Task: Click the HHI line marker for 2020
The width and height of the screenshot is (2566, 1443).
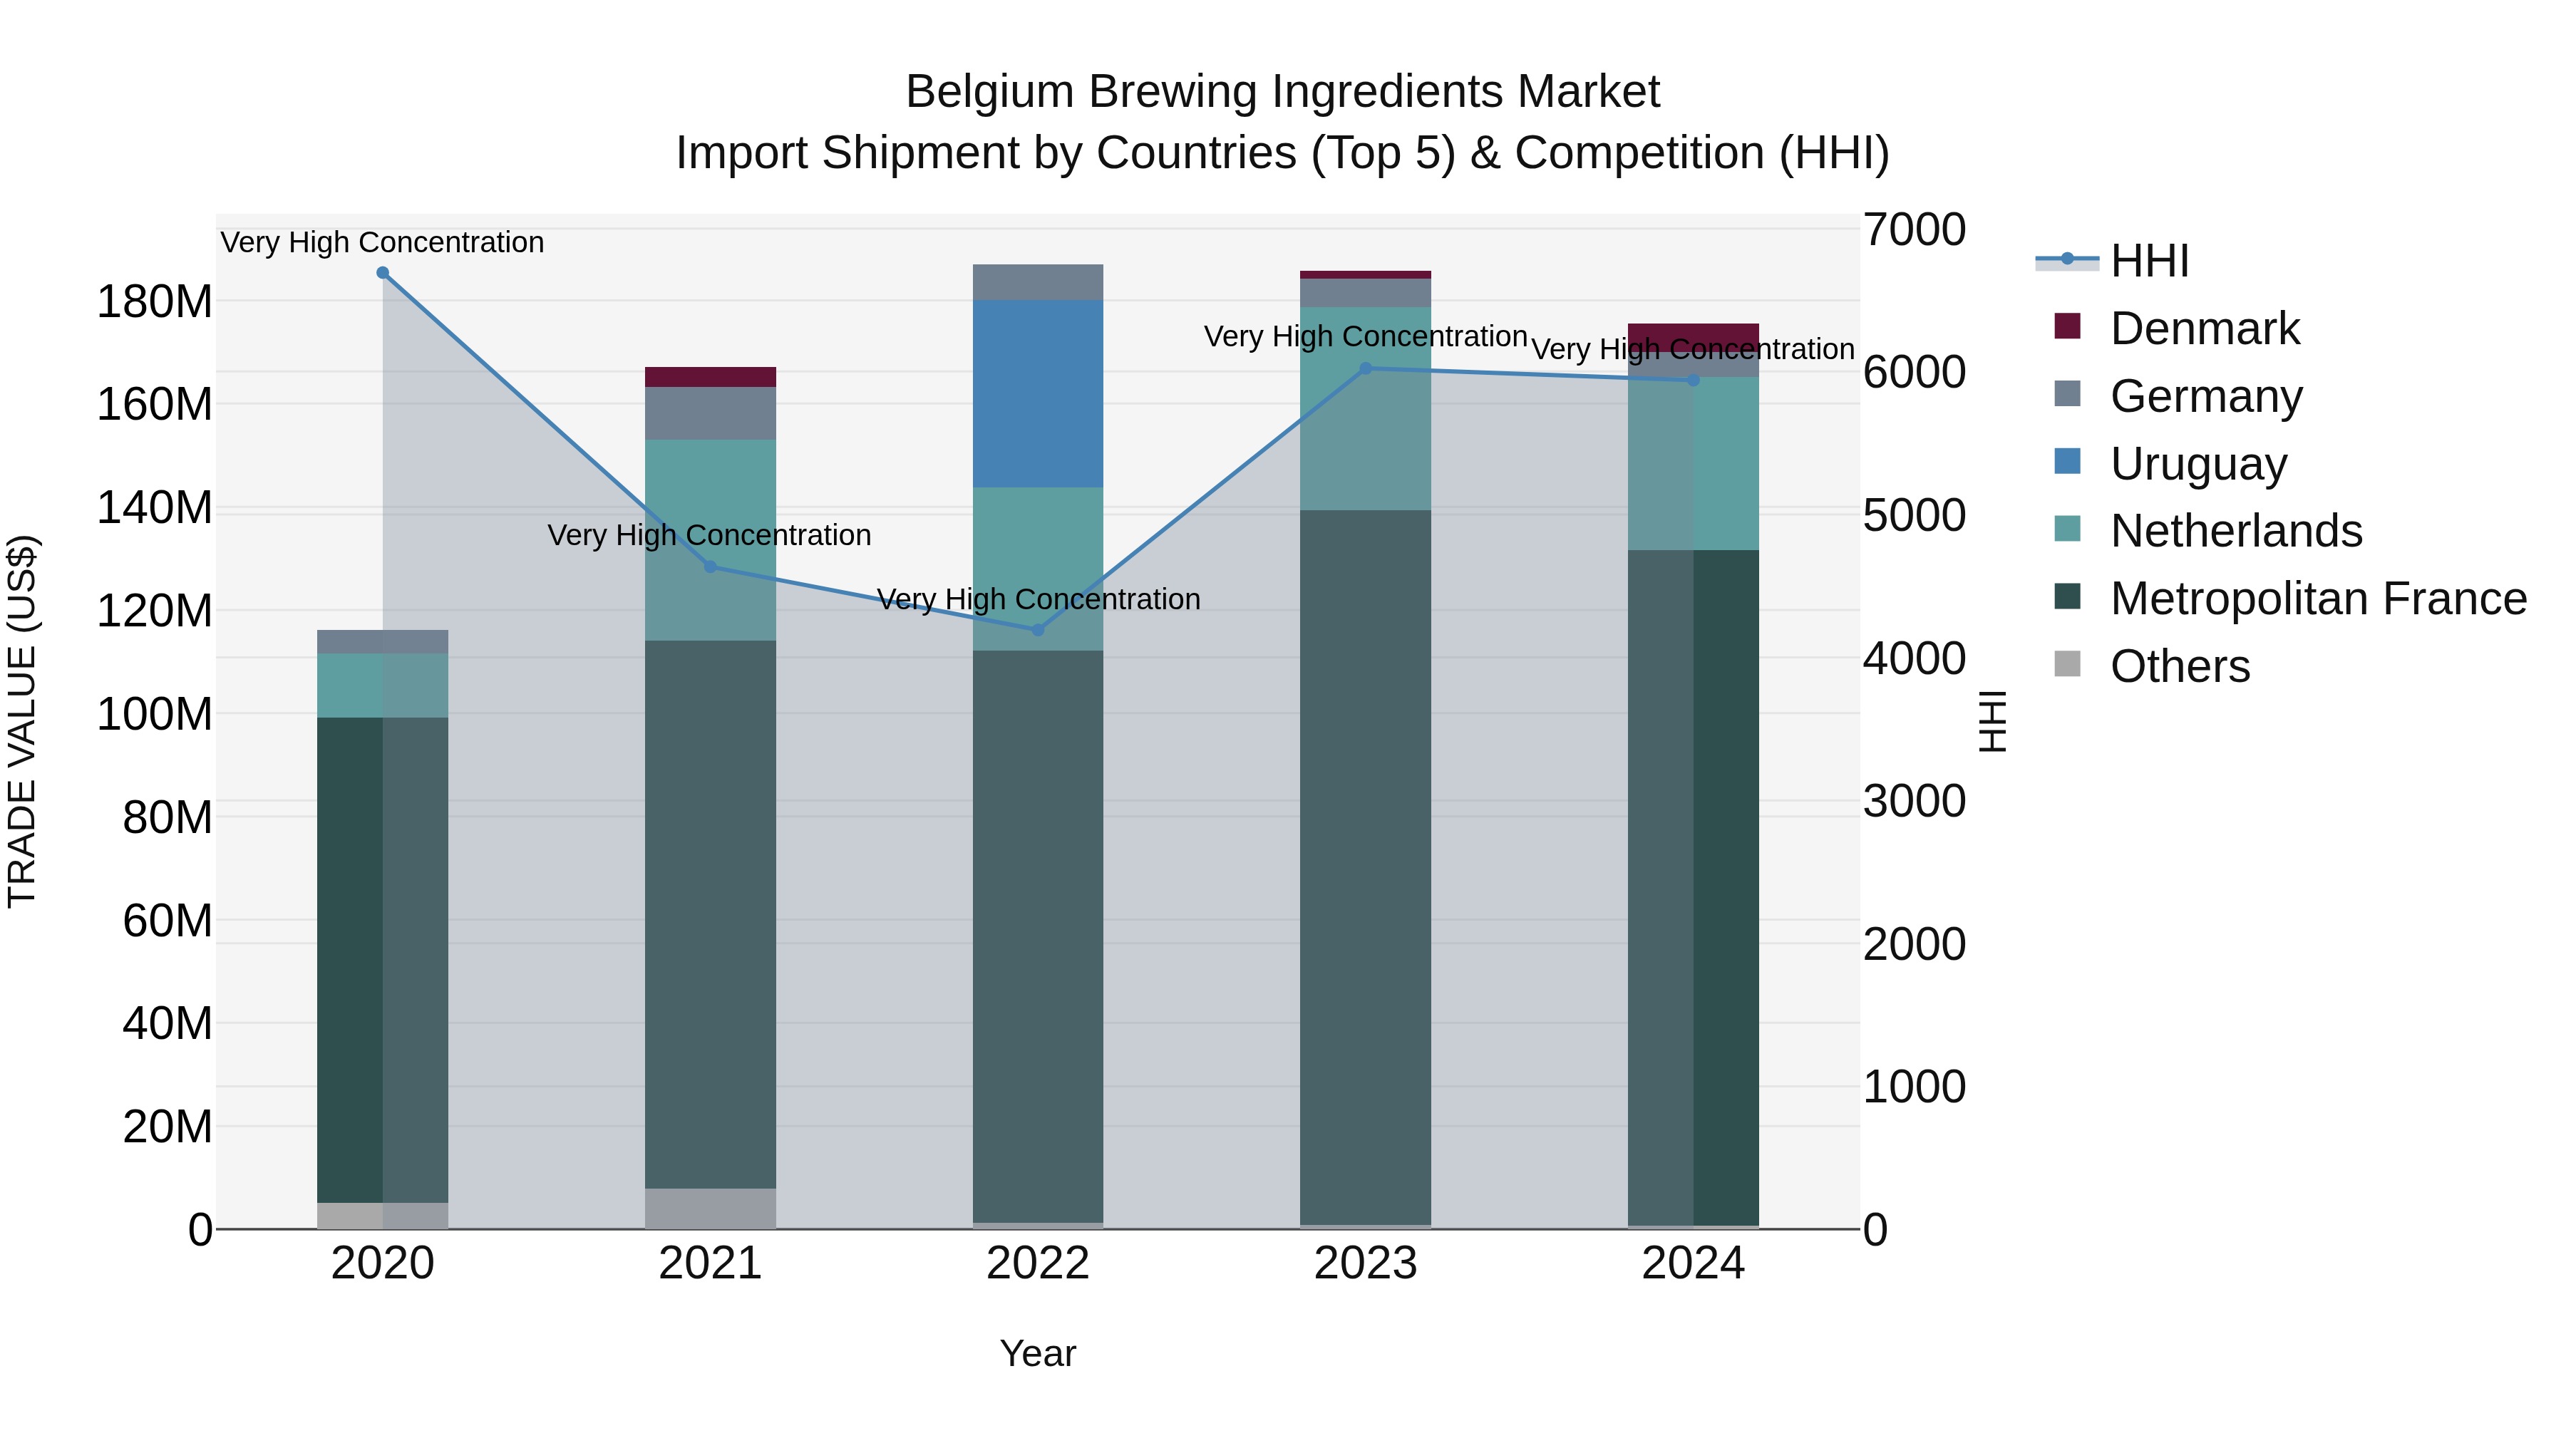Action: coord(383,273)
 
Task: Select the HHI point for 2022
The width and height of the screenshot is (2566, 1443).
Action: coord(1038,629)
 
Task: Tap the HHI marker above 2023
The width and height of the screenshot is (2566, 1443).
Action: coord(1366,368)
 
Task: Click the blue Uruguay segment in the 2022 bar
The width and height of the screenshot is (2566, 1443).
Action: coord(1038,393)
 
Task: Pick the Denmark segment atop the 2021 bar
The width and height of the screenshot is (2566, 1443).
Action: coord(710,376)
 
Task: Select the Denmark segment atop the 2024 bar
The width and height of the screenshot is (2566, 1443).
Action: coord(1694,336)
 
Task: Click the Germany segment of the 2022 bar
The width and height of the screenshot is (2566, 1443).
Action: coord(1038,281)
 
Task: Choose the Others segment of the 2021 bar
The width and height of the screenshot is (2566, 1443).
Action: coord(710,1208)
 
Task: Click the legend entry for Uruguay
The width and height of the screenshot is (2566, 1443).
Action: coord(2197,464)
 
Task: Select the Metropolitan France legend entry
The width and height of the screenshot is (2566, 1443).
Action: coord(2317,599)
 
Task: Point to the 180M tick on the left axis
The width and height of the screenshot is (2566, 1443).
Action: coord(155,301)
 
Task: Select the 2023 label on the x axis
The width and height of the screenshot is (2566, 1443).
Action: coord(1366,1263)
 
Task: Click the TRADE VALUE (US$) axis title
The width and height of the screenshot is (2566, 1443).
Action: coord(22,721)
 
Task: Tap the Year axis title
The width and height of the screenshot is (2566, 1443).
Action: coord(1038,1353)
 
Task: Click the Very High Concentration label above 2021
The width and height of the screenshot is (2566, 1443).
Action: coord(709,534)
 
